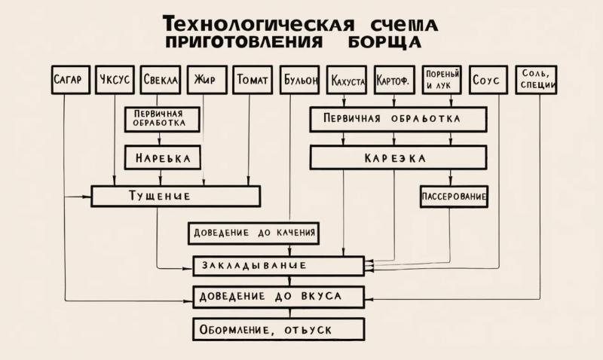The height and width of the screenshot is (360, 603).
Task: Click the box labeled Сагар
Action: [x=72, y=80]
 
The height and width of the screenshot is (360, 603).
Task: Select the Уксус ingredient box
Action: [x=115, y=80]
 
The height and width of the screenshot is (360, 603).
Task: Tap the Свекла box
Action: [x=160, y=80]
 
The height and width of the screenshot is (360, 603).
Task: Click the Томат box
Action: [x=253, y=80]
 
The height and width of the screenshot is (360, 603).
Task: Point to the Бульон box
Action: [x=299, y=80]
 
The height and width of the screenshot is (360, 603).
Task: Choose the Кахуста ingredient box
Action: [x=347, y=80]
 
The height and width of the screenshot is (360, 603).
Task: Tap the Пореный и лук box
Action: [x=442, y=79]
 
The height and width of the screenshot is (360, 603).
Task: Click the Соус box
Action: [x=488, y=80]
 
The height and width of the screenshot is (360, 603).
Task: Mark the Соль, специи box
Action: [x=537, y=79]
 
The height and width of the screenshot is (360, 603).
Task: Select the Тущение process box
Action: [x=175, y=196]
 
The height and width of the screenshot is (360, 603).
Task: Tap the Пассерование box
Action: [x=454, y=197]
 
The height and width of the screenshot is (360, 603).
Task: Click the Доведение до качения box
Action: [x=253, y=233]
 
